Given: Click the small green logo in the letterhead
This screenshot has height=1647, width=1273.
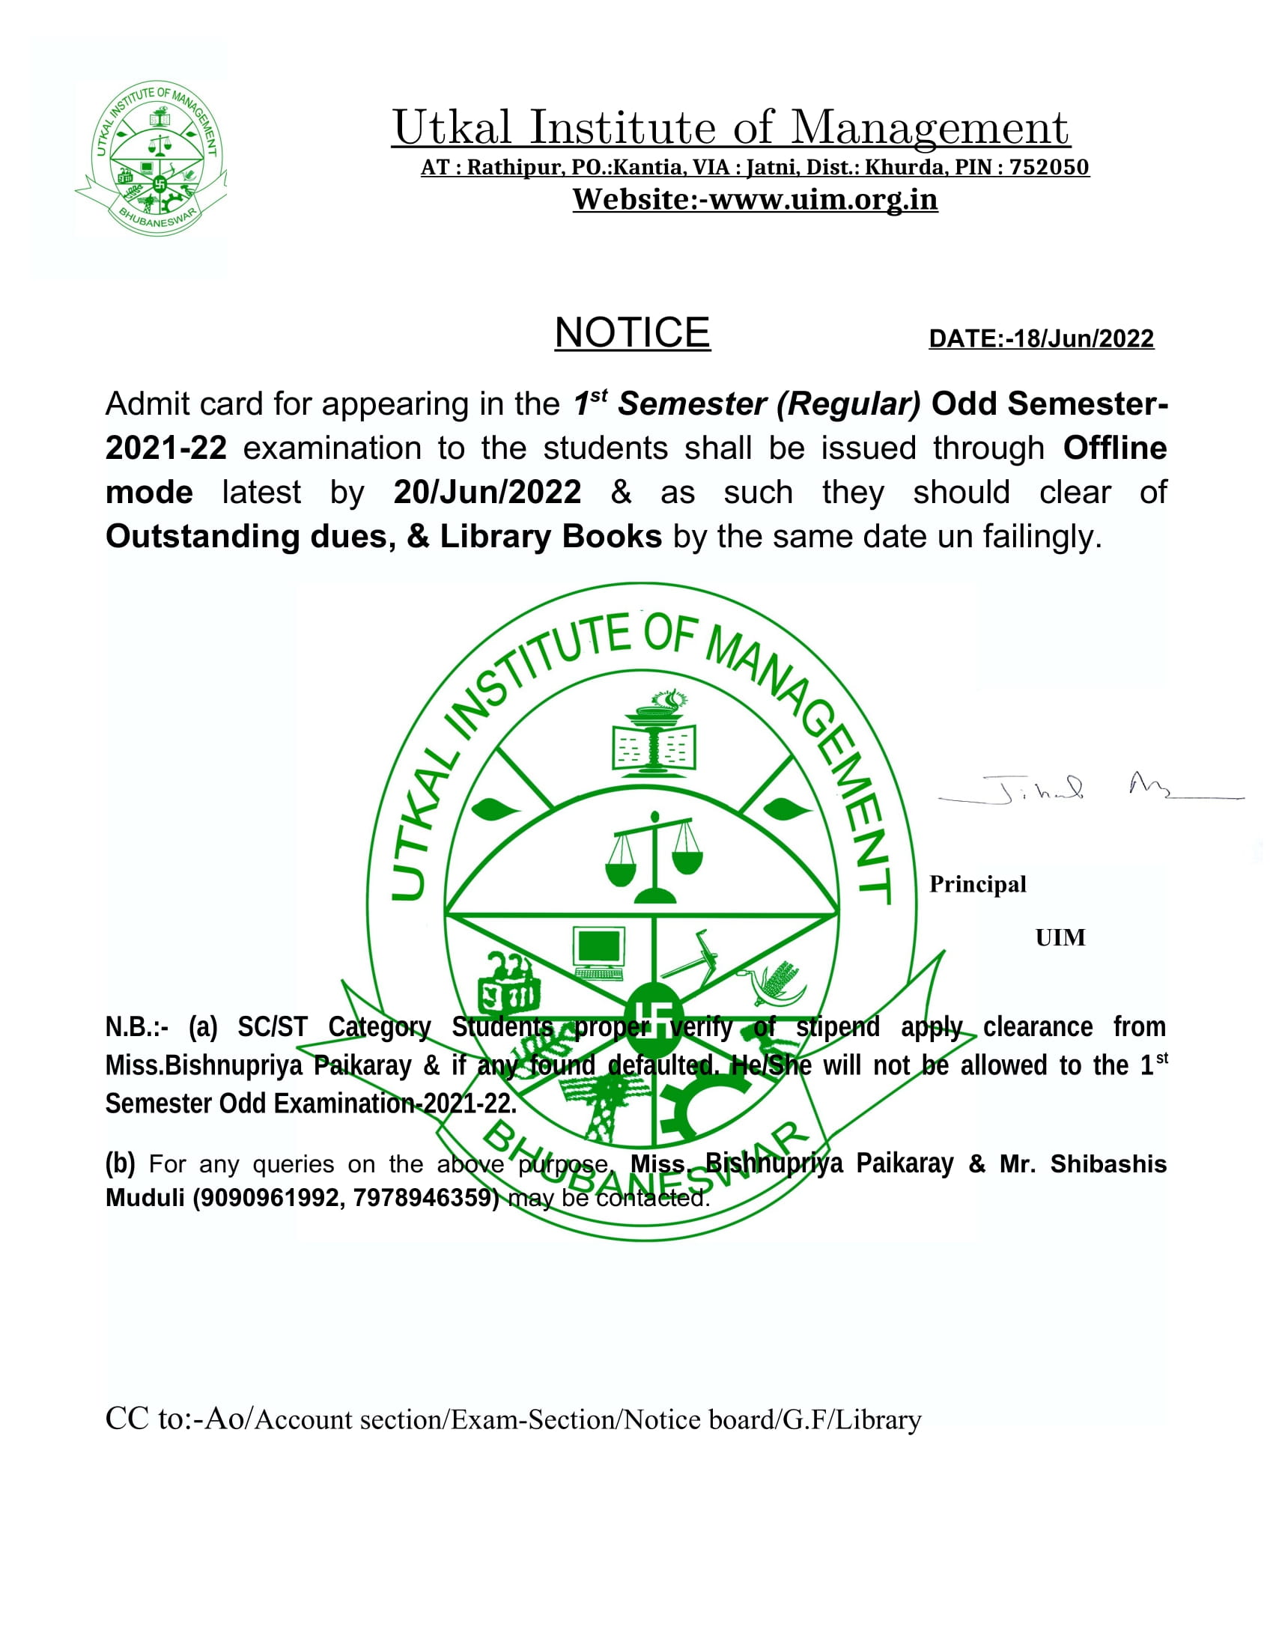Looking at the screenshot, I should pos(150,158).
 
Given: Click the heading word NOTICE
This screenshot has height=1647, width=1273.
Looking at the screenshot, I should pos(632,332).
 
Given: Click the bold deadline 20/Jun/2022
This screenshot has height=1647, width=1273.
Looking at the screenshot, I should pos(487,493).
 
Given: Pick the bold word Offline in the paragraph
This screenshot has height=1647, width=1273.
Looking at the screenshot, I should pos(1114,448).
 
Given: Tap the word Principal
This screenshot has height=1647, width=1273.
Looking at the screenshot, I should pos(977,884).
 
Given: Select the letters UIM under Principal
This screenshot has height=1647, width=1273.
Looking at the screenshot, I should pos(1060,937).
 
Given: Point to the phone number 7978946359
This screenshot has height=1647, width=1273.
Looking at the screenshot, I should pos(422,1198).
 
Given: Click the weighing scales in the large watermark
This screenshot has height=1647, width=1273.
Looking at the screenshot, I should pos(654,856).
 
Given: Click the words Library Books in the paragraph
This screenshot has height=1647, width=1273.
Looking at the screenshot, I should pos(550,536).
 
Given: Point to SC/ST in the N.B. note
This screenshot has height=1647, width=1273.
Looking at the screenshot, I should pos(273,1027).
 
